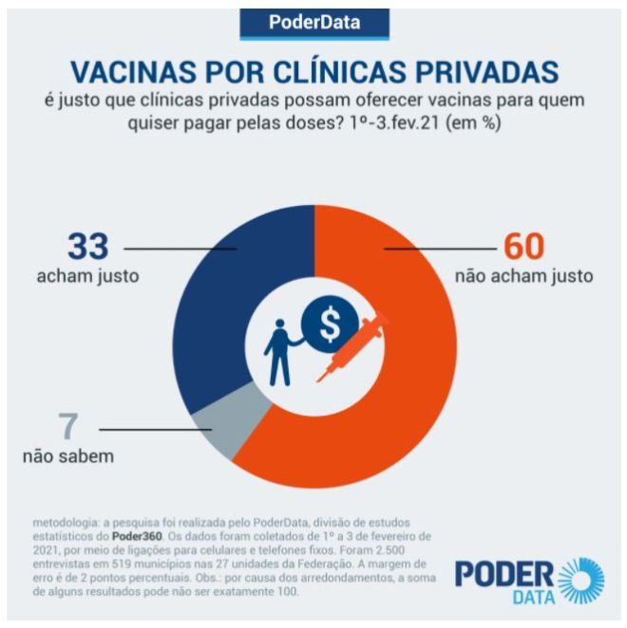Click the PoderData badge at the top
pyautogui.click(x=313, y=23)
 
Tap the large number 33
pyautogui.click(x=87, y=247)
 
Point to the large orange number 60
pyautogui.click(x=523, y=247)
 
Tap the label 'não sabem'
pyautogui.click(x=68, y=456)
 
